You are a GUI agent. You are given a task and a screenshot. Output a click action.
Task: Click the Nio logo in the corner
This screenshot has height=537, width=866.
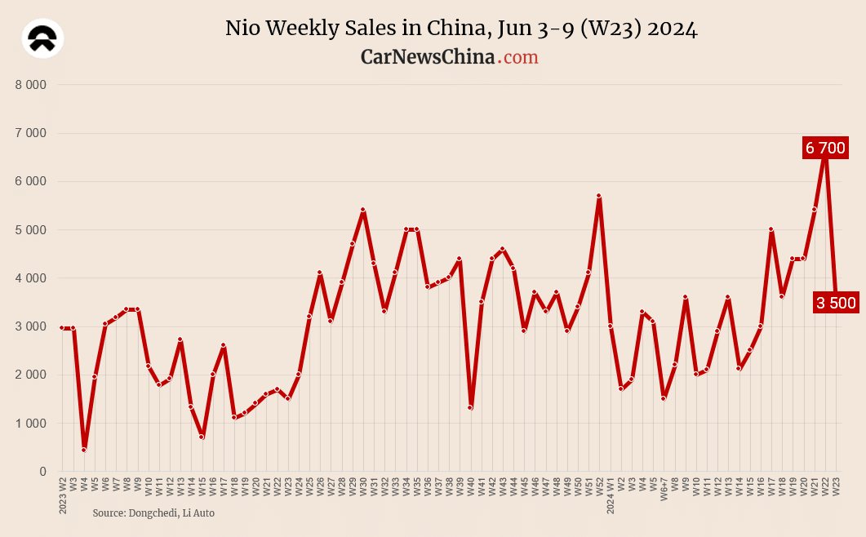coord(42,39)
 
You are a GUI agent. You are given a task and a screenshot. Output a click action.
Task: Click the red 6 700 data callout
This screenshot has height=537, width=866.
coord(824,148)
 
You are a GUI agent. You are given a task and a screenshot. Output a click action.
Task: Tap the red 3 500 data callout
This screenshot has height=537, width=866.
coord(835,303)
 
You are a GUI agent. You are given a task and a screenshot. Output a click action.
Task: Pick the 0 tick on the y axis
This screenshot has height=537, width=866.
coord(42,472)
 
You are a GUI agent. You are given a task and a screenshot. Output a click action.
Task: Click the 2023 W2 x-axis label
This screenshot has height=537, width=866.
coord(63,495)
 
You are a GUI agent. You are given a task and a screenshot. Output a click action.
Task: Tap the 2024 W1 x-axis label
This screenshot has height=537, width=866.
coord(610,495)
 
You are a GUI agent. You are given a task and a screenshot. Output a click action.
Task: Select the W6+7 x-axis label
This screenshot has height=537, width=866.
coord(664,491)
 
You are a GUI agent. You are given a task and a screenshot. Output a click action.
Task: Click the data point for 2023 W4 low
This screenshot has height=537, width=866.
coord(84,450)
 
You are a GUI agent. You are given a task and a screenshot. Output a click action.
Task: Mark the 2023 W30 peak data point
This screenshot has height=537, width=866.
coord(363,210)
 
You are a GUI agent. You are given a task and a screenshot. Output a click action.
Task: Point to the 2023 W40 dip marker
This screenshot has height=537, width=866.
coord(470,408)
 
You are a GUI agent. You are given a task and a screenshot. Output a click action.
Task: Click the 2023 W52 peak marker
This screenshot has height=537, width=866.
coord(599,196)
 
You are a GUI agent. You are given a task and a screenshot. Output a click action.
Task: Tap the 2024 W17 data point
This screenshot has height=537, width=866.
coord(771,229)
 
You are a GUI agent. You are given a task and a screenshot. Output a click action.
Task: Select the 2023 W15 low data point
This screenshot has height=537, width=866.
coord(202,437)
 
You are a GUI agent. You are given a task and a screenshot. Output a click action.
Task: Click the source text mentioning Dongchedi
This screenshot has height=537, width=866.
coord(153,513)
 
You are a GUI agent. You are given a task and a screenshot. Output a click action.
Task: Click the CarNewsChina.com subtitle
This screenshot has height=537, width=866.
coord(449,57)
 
